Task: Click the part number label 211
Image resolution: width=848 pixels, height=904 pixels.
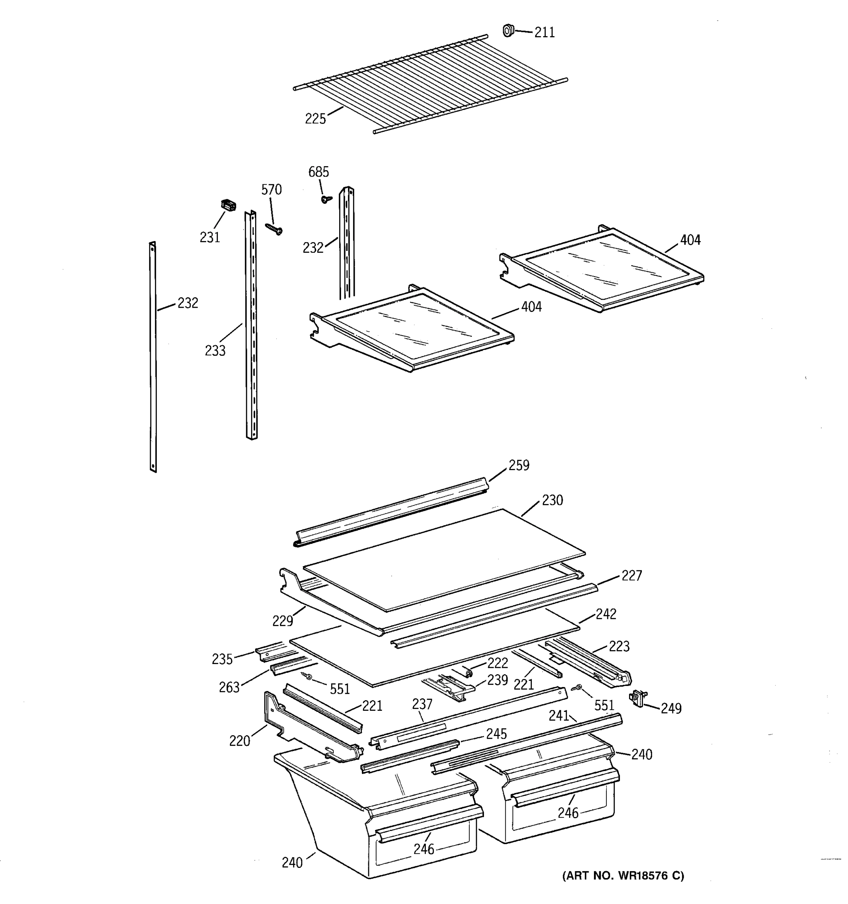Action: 544,32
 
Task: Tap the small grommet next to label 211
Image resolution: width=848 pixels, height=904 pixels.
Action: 508,31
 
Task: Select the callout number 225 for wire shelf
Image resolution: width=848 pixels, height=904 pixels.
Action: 315,119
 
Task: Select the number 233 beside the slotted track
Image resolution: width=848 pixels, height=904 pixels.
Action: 215,351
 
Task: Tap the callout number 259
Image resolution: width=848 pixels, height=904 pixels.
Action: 519,465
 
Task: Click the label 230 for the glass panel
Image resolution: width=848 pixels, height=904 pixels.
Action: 552,500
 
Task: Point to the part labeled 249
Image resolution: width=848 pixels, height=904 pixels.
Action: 638,698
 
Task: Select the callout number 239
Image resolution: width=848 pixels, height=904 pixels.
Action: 497,680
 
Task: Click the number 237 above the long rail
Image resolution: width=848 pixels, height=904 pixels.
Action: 422,704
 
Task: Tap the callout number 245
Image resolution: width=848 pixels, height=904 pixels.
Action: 496,734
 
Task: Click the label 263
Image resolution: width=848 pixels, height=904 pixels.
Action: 229,687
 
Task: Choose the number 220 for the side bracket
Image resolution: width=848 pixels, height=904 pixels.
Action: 239,741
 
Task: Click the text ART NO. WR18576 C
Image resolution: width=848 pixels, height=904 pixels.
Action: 623,876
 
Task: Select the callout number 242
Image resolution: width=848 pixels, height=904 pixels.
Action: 606,614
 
